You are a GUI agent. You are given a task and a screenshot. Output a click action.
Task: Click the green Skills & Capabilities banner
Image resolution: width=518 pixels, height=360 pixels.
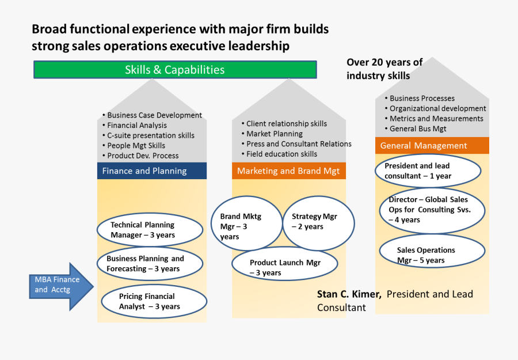(175, 70)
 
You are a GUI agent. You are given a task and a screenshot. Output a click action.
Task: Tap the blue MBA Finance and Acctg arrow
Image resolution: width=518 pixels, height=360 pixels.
(60, 286)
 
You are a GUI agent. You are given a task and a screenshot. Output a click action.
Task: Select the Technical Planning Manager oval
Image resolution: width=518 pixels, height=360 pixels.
(149, 230)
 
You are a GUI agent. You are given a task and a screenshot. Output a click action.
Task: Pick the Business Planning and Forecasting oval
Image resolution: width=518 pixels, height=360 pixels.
(150, 264)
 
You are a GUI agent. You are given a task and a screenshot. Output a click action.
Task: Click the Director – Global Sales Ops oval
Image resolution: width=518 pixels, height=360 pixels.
(432, 209)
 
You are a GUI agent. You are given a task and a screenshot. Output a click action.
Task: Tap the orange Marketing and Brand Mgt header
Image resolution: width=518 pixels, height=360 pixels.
(289, 171)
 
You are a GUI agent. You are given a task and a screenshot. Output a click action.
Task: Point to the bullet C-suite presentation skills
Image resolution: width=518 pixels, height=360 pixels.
(151, 135)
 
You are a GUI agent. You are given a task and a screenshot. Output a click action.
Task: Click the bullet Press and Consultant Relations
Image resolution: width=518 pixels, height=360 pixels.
(299, 144)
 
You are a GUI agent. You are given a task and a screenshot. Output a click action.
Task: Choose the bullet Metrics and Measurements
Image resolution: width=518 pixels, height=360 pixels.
(436, 119)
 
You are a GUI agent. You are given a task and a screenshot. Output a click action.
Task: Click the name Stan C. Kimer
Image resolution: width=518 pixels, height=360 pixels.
(349, 294)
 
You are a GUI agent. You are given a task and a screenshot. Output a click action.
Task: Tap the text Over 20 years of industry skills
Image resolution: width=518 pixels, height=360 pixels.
(384, 69)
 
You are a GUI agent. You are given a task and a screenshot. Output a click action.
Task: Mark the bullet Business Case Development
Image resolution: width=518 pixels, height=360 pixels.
(154, 115)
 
